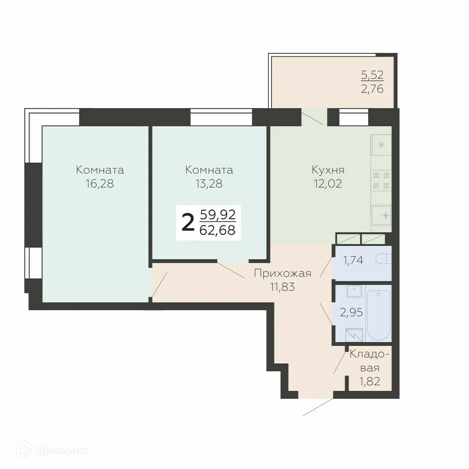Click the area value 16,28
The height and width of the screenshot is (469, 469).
100,184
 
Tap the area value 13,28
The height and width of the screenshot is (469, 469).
209,184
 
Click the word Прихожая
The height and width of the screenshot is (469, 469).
283,273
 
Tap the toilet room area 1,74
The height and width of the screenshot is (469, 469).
353,261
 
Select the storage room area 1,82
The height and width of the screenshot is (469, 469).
369,381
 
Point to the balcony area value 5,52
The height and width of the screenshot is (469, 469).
373,75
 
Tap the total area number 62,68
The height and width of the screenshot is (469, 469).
217,230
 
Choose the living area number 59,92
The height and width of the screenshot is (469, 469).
217,215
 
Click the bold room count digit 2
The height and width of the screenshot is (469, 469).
188,223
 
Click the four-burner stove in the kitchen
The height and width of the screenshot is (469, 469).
381,180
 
